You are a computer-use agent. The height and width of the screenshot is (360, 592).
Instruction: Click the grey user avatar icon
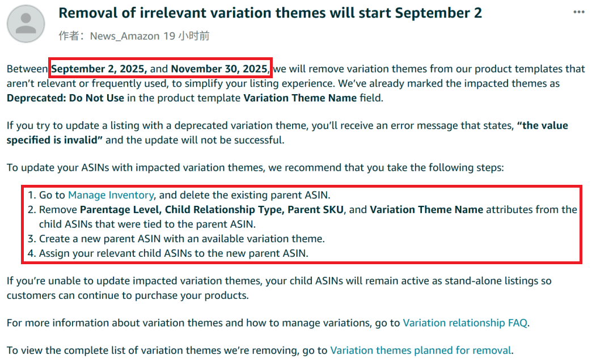26,24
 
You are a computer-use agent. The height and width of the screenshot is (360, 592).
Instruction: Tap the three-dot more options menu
579,12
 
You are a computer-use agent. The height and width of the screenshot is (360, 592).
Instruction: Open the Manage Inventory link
111,195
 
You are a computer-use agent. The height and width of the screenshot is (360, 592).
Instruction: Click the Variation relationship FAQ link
465,323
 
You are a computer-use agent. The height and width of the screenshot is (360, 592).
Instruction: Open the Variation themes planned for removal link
421,350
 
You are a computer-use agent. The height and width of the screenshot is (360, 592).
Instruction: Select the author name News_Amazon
125,36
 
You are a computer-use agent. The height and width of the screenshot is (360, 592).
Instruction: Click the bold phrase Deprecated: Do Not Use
65,98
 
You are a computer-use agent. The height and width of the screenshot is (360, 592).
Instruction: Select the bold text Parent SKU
316,210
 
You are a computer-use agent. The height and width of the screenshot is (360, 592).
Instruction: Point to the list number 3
31,239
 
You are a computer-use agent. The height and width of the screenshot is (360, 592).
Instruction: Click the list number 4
31,253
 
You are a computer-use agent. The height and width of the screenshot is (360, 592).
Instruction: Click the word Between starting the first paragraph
27,69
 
